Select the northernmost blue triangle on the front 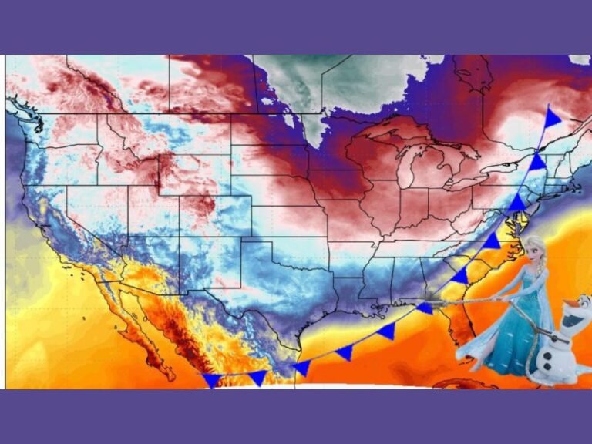click(x=552, y=118)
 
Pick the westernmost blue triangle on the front click(x=210, y=380)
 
